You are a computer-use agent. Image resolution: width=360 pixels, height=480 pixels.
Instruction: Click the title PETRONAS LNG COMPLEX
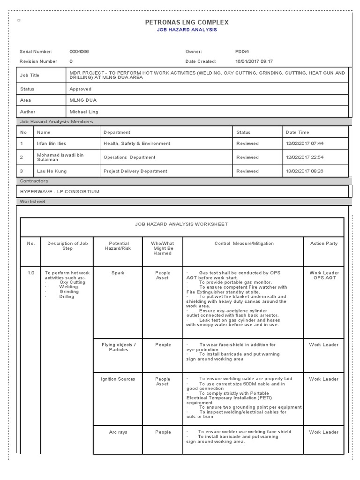[x=187, y=22]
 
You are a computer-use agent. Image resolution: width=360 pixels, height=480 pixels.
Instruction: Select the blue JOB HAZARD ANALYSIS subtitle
[x=187, y=30]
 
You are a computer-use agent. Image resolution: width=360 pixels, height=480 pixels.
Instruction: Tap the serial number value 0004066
[x=79, y=52]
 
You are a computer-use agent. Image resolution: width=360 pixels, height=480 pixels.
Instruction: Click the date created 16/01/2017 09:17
[x=254, y=61]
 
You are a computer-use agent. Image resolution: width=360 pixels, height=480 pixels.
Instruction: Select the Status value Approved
[x=80, y=89]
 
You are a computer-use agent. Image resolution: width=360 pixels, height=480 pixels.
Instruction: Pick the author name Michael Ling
[x=84, y=112]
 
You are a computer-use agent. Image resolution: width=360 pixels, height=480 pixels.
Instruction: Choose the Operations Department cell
[x=129, y=157]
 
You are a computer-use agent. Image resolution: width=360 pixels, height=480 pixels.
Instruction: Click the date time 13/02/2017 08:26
[x=304, y=171]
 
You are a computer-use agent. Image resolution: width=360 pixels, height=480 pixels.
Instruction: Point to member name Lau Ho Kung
[x=52, y=171]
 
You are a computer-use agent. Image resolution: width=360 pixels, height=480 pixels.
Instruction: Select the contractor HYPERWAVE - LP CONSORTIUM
[x=60, y=192]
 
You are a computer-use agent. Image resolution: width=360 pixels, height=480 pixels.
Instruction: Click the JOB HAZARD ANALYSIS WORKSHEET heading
[x=181, y=224]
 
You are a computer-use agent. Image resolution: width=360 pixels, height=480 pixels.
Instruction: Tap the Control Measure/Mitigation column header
[x=244, y=244]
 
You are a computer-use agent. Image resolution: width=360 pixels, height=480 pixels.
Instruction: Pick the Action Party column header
[x=324, y=244]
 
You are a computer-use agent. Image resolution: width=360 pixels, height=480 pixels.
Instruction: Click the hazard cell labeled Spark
[x=118, y=273]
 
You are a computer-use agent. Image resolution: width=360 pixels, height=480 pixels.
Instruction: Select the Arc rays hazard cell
[x=118, y=432]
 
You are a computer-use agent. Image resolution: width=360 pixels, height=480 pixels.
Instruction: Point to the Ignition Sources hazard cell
[x=118, y=379]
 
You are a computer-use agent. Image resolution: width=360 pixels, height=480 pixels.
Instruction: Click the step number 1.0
[x=31, y=273]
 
